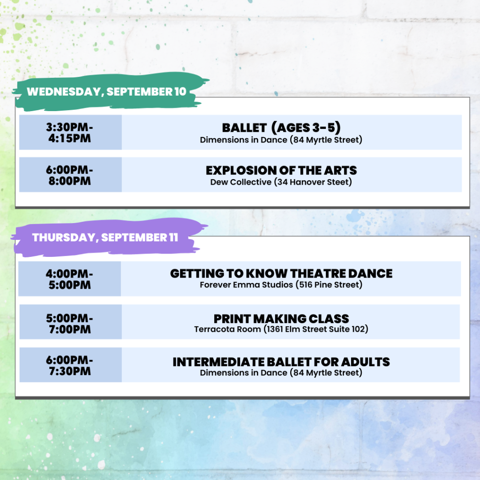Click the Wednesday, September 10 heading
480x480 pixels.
click(106, 91)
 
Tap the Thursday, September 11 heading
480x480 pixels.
click(105, 238)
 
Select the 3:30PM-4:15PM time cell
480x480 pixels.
click(70, 132)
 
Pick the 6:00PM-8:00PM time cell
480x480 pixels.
click(70, 175)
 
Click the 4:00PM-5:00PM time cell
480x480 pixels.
click(70, 278)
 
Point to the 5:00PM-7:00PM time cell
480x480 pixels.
click(70, 322)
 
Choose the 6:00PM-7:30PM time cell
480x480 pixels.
click(70, 365)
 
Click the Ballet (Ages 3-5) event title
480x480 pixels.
click(281, 127)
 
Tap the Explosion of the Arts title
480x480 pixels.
click(281, 170)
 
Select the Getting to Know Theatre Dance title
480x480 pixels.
click(281, 273)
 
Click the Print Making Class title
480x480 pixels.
click(281, 319)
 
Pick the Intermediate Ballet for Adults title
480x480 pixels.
click(281, 362)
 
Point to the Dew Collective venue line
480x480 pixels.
click(281, 182)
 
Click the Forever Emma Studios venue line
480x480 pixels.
click(281, 285)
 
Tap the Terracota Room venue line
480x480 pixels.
click(281, 329)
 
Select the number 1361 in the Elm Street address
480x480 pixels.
click(274, 329)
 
